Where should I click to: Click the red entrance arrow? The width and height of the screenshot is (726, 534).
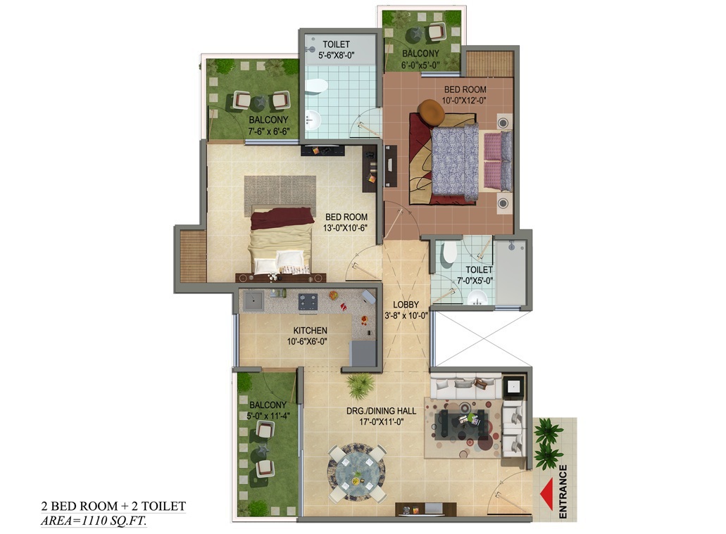[546, 490]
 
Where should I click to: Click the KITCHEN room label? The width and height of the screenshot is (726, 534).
[310, 330]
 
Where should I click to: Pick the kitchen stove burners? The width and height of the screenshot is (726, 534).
[308, 301]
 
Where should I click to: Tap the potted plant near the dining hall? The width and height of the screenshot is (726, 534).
[361, 385]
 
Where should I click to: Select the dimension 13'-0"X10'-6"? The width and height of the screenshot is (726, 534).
[346, 227]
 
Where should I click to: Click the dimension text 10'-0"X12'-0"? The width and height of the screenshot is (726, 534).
[465, 100]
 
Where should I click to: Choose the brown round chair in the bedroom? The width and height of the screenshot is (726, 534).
[430, 110]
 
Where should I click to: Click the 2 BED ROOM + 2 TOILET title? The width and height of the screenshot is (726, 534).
[113, 506]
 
